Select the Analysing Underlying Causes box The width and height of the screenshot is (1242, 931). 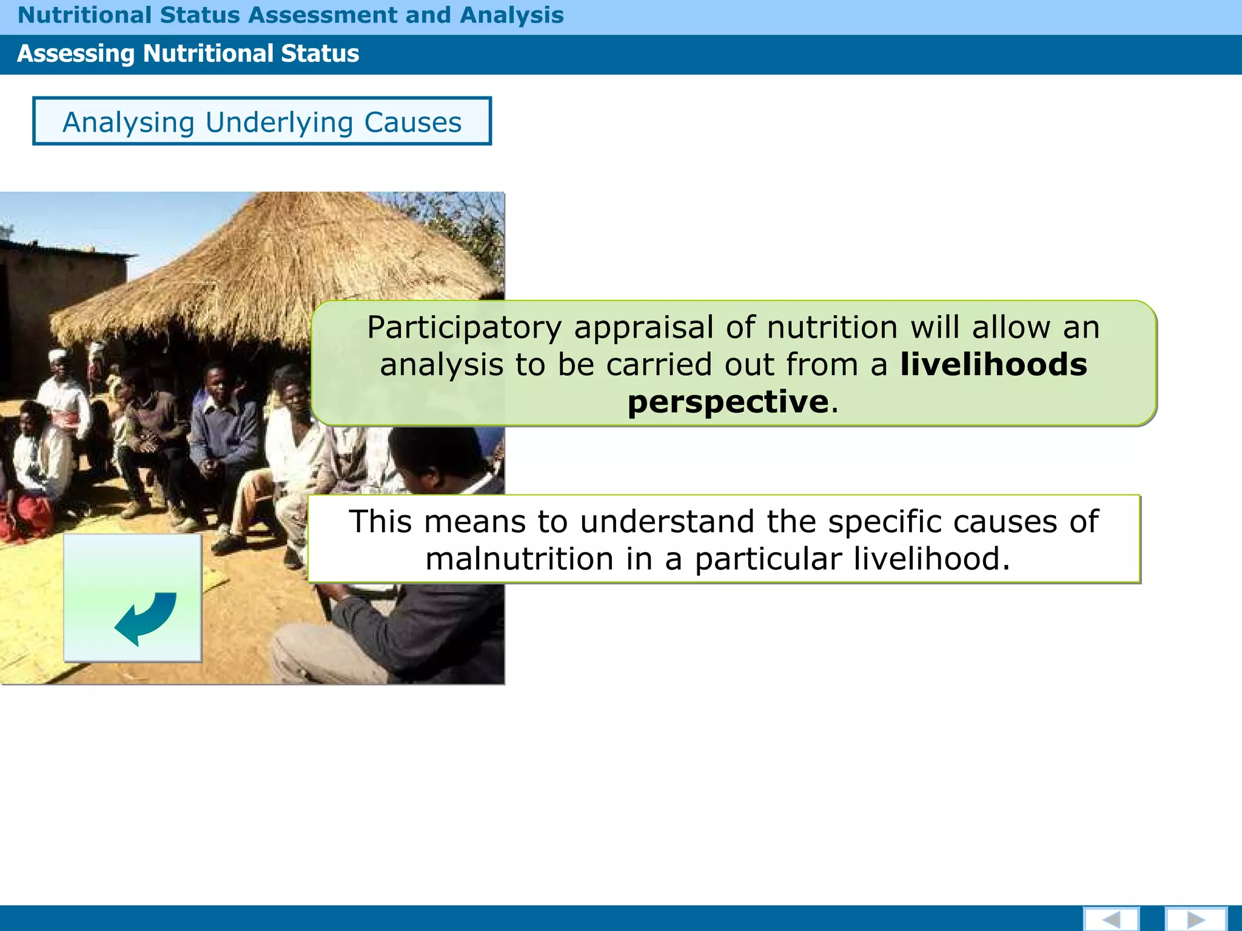coord(261,121)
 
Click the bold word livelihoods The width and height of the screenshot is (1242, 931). coord(993,364)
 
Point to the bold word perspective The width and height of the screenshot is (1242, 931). coord(728,402)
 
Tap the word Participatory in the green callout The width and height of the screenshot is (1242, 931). coord(464,328)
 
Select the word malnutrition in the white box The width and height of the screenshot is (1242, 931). coord(519,559)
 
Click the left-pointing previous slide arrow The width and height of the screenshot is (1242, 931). coord(1111,919)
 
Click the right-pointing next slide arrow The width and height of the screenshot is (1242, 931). coord(1195,919)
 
